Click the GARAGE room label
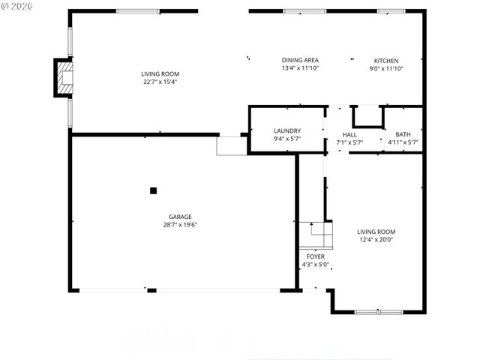(181, 217)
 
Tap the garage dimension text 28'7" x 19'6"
(181, 224)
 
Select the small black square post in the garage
(153, 190)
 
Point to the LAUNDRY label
(286, 130)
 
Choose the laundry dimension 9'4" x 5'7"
(286, 138)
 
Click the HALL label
(349, 134)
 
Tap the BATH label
(402, 134)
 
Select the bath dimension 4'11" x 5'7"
(402, 142)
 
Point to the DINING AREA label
(300, 61)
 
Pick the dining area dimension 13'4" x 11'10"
(300, 68)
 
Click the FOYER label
(316, 256)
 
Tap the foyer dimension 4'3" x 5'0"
(316, 264)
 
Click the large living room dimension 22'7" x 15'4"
(160, 82)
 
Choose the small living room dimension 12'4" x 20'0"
(376, 239)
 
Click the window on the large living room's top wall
(138, 11)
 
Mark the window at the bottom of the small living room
(379, 311)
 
